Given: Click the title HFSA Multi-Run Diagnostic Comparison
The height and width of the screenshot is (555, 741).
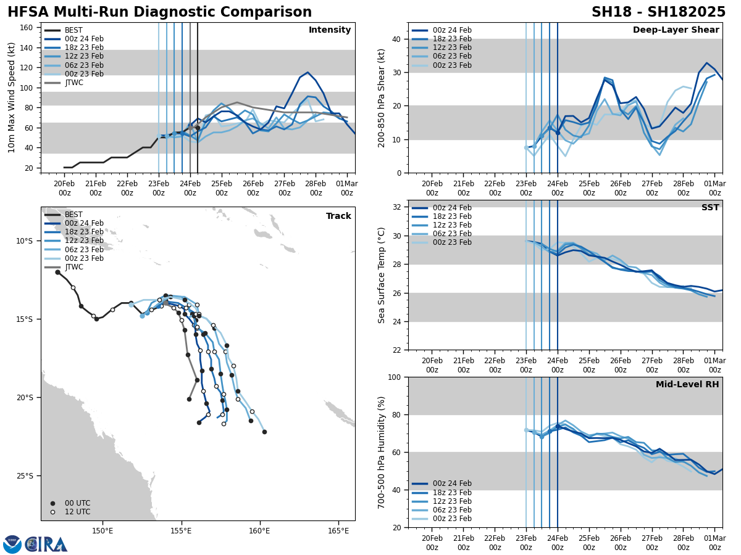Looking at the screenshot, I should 159,12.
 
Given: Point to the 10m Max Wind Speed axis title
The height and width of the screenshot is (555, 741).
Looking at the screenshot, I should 12,97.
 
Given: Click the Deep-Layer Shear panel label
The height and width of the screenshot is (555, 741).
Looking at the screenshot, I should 676,30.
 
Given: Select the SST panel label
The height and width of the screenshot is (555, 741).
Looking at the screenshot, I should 710,208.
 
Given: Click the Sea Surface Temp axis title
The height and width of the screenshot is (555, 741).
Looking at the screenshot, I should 382,275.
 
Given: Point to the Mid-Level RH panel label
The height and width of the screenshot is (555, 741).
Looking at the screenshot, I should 687,385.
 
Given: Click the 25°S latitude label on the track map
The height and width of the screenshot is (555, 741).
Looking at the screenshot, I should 25,475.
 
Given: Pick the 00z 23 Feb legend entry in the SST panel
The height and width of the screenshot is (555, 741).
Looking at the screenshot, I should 442,242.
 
